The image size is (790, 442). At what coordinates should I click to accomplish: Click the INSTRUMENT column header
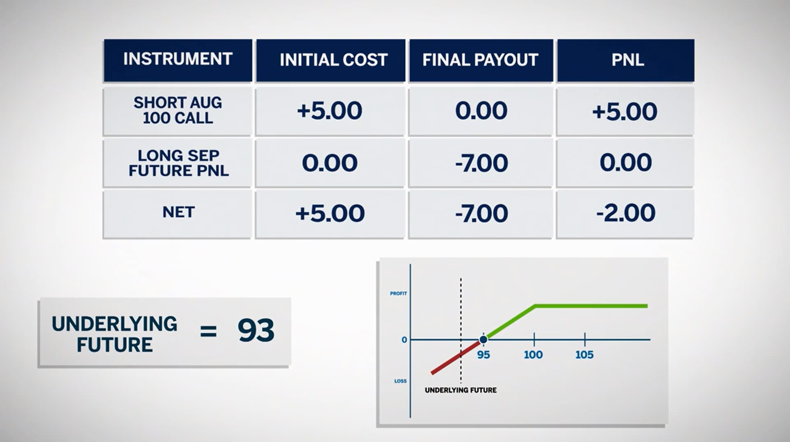point(178,59)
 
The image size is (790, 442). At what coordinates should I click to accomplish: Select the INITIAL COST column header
point(333,60)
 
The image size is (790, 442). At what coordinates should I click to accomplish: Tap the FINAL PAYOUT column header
point(480,60)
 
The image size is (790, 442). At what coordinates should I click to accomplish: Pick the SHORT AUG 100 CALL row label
point(178,110)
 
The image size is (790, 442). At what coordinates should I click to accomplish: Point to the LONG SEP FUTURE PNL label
point(179,163)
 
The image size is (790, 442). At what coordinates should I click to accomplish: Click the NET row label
point(178,213)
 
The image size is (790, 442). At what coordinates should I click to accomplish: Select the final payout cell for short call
point(481,111)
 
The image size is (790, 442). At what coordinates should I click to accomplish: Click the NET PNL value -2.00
point(625,213)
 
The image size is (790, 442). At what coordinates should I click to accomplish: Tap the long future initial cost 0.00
point(330,163)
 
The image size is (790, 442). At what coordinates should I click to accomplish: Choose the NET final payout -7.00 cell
point(481,213)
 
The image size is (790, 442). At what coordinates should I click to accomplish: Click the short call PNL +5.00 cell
point(625,112)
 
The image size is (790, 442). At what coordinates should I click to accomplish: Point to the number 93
point(256,331)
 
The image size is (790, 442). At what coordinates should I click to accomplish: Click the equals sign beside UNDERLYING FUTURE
point(208,331)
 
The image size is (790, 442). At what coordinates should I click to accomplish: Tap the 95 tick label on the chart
point(483,355)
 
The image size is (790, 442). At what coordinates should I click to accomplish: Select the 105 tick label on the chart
point(584,355)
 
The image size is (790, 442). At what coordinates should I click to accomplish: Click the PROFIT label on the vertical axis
point(398,294)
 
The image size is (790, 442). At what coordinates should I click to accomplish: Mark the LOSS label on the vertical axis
point(400,381)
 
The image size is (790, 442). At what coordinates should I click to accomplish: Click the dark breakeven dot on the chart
point(483,339)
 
